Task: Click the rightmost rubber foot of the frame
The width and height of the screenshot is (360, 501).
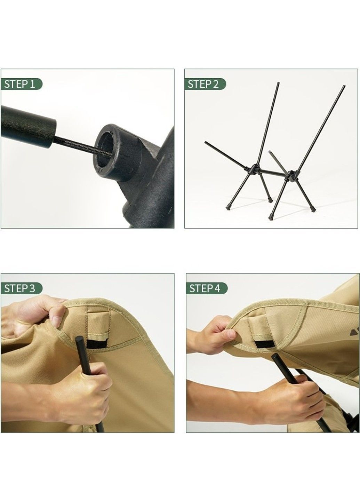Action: point(312,209)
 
